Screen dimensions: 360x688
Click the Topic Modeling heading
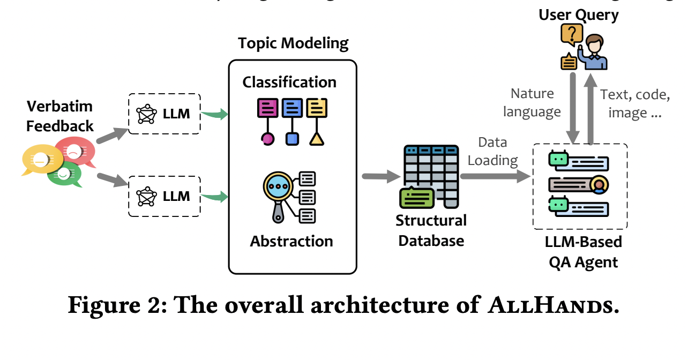(x=293, y=43)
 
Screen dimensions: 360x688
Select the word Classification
(x=289, y=82)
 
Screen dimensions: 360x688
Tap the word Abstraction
(x=291, y=241)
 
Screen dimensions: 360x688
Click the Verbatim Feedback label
(x=59, y=116)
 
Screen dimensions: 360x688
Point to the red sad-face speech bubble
(x=74, y=151)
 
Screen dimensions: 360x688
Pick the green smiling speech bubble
(x=64, y=175)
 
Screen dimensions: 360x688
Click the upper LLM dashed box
(x=164, y=114)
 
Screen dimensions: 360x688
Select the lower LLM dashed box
(x=164, y=196)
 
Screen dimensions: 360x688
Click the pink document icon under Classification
(x=267, y=108)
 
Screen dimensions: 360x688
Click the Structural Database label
(x=431, y=230)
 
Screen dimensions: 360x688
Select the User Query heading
(x=578, y=15)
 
